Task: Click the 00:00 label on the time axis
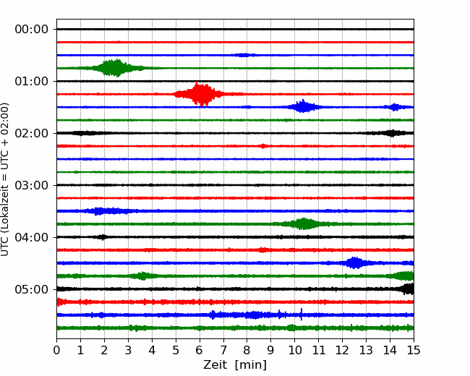tap(32, 30)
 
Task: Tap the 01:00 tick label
tap(32, 81)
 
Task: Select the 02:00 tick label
tap(32, 133)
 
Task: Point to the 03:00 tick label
tap(32, 185)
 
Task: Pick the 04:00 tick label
tap(32, 237)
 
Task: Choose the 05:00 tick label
tap(32, 289)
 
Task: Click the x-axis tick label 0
tap(56, 350)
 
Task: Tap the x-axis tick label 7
tap(223, 350)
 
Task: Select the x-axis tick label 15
tap(414, 350)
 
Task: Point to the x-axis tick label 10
tap(294, 350)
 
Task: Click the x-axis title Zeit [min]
tap(235, 365)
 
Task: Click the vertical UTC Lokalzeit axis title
tap(5, 179)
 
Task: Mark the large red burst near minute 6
tap(199, 94)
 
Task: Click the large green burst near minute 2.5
tap(116, 68)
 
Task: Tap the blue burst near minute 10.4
tap(303, 106)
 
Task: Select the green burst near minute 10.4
tap(304, 223)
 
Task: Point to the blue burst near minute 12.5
tap(355, 263)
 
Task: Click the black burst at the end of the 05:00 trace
tap(407, 289)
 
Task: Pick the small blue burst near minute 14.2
tap(394, 107)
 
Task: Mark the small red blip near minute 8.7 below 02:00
tap(263, 146)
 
